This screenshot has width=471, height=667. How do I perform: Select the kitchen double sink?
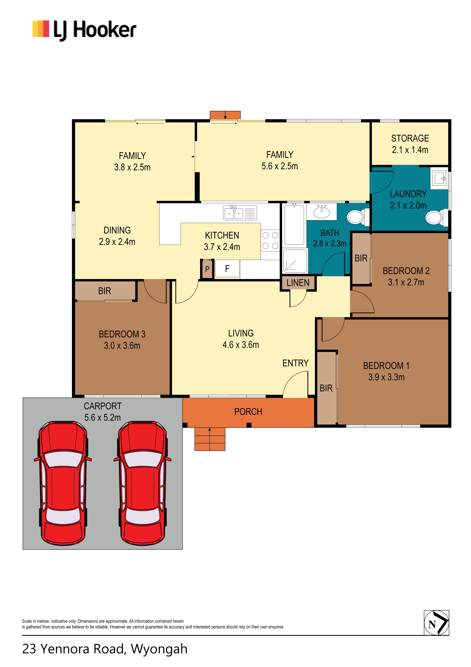tap(240, 212)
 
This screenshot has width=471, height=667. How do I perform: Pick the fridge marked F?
tap(227, 269)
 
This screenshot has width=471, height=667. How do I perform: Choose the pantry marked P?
tap(207, 269)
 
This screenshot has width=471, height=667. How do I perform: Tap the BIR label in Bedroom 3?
tap(104, 291)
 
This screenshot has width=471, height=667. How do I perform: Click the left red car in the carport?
tap(63, 483)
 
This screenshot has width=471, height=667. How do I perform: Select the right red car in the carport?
tap(142, 483)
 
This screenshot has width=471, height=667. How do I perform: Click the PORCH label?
tap(248, 412)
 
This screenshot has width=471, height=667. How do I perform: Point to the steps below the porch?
tap(210, 439)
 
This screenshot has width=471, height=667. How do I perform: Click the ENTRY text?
tap(295, 363)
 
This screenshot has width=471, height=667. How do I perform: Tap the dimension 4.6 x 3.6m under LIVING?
tap(241, 345)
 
